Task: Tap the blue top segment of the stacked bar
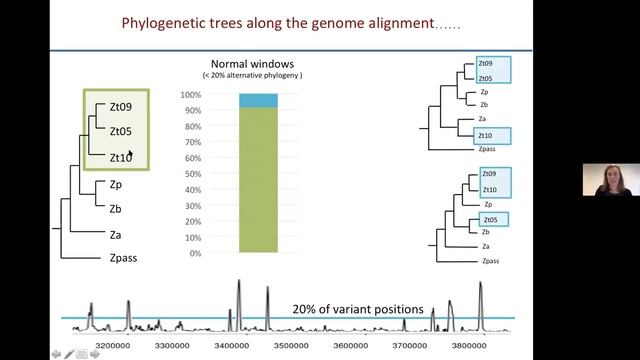pos(258,100)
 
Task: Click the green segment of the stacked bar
pos(258,180)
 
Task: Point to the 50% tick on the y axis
pos(191,174)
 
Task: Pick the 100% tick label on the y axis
pos(190,95)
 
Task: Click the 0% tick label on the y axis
pos(194,253)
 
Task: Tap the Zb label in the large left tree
pos(116,208)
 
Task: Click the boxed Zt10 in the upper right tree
pos(485,135)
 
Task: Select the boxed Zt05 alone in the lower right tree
pos(490,220)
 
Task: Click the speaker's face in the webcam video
pos(605,179)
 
